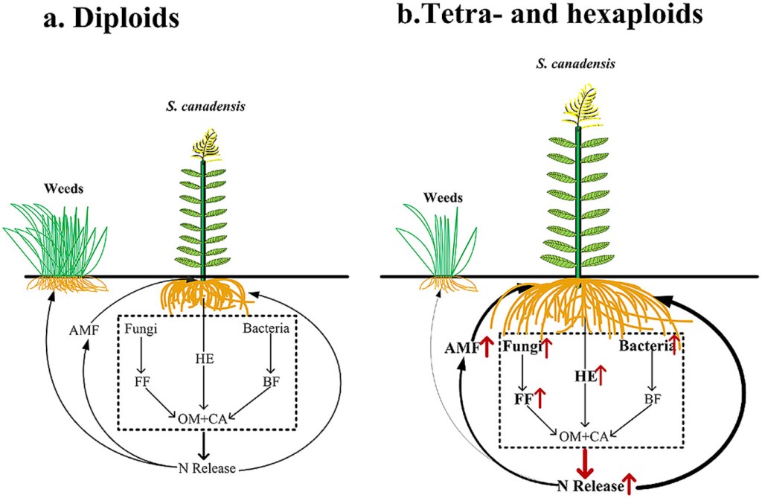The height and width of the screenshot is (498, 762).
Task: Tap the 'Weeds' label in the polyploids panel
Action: [x=442, y=198]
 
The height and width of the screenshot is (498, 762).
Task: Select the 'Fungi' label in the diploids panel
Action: [x=139, y=328]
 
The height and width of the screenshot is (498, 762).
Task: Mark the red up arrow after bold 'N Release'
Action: [x=631, y=485]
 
